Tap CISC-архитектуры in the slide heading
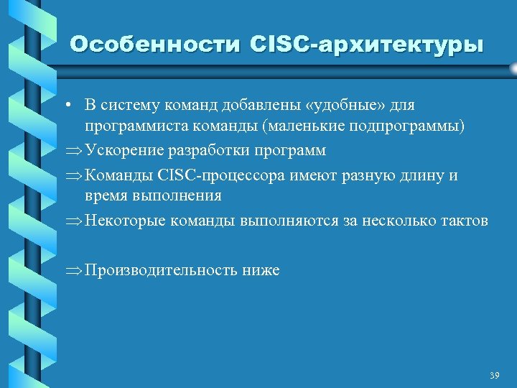367,45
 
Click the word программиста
131,127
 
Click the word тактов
464,221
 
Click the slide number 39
493,375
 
